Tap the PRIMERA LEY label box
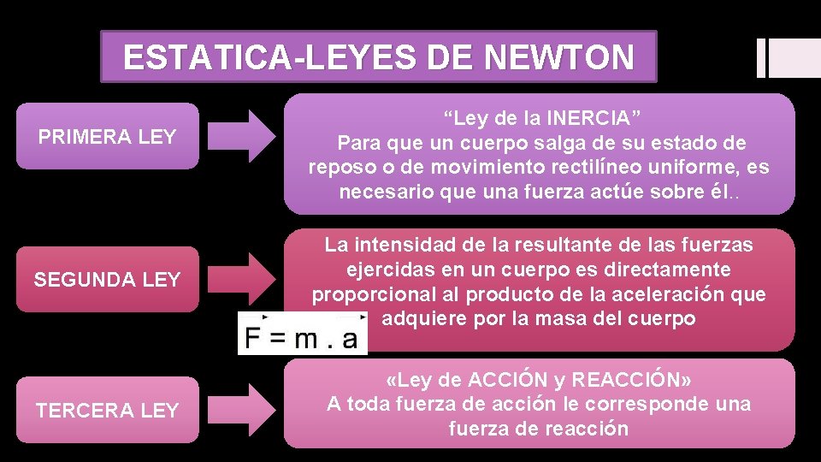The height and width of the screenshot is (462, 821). [x=108, y=136]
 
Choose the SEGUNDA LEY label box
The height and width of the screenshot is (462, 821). [x=108, y=279]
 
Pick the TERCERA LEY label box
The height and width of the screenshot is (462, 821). [x=108, y=410]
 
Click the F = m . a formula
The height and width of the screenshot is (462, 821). [x=302, y=338]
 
